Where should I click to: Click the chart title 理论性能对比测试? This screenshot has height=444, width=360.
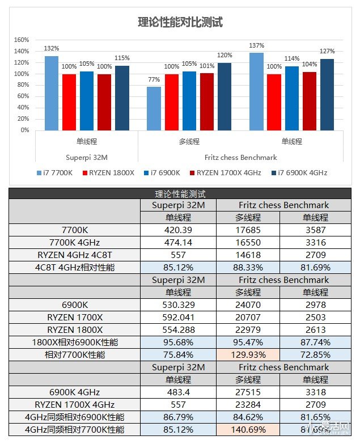tap(180, 22)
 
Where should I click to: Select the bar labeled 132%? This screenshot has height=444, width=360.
tap(52, 93)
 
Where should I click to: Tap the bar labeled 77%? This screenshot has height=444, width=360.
tap(154, 108)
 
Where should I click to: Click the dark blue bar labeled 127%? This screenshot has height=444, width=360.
tap(327, 94)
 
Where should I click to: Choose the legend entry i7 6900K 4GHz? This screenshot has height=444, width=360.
tap(298, 172)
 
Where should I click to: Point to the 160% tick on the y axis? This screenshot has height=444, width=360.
tap(21, 40)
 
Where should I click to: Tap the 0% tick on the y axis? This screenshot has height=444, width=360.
tap(23, 130)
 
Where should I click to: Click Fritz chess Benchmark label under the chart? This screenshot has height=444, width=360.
tap(240, 157)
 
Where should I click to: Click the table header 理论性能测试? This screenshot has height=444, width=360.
tap(180, 193)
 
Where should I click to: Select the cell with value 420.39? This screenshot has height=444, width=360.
tap(178, 230)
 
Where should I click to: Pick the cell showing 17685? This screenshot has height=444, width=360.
tap(248, 230)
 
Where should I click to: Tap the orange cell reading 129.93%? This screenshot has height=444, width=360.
tap(248, 355)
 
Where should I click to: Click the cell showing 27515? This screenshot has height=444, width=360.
tap(248, 392)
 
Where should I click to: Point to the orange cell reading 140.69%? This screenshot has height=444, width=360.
tap(248, 430)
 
